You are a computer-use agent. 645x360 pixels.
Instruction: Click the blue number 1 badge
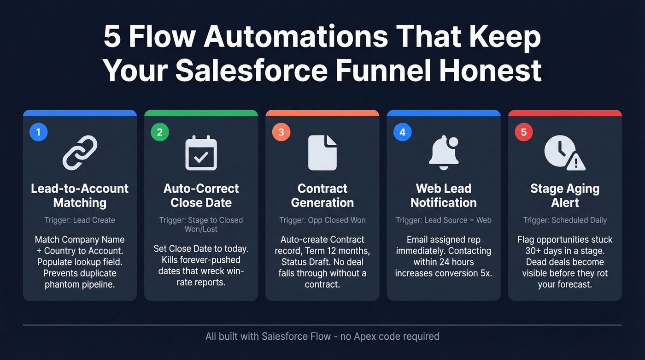click(x=39, y=132)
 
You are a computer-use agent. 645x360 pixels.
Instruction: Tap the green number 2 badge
click(x=160, y=132)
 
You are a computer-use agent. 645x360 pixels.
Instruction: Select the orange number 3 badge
click(x=281, y=132)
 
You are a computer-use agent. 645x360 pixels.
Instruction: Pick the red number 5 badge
click(x=523, y=132)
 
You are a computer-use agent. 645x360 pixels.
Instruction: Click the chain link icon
click(x=80, y=153)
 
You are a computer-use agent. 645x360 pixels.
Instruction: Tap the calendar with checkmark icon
click(x=201, y=153)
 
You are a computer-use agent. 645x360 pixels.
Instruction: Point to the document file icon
click(x=322, y=153)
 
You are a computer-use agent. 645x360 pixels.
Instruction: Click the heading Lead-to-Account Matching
click(x=80, y=195)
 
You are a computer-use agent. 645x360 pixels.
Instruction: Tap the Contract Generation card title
click(x=322, y=195)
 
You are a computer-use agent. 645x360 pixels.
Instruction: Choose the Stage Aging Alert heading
click(x=565, y=195)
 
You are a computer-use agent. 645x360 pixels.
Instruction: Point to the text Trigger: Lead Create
click(x=80, y=220)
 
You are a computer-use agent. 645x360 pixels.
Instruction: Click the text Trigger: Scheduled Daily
click(x=565, y=220)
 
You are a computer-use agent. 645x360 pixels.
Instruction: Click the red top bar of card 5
click(x=565, y=113)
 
